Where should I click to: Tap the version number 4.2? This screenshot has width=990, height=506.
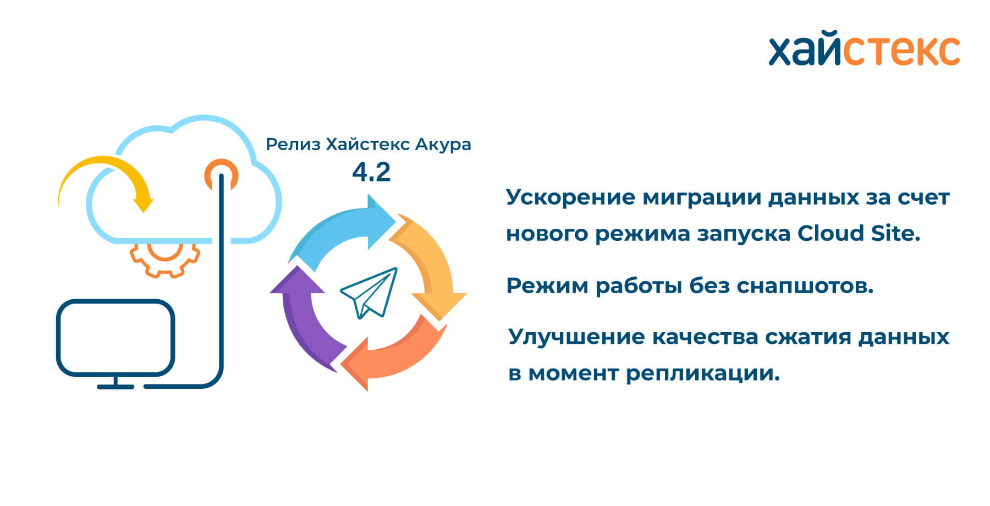(x=371, y=172)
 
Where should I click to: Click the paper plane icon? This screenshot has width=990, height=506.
(x=369, y=293)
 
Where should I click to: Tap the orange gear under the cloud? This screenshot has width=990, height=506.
(x=165, y=261)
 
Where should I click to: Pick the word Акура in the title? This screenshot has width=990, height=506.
(x=443, y=145)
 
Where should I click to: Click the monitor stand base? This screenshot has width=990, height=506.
(x=116, y=387)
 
